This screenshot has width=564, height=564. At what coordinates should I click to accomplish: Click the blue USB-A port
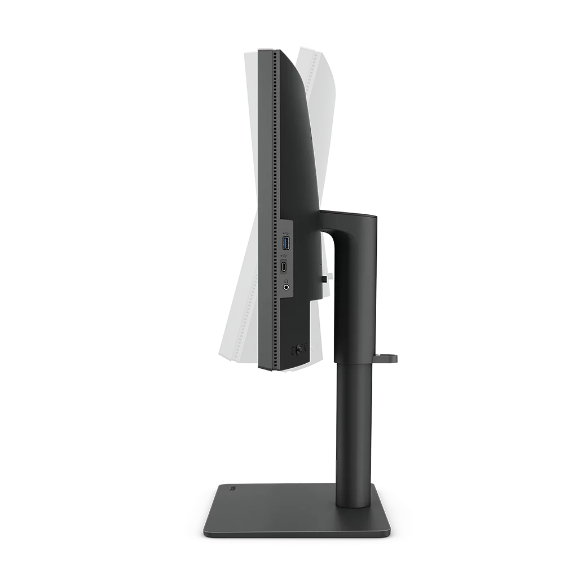click(287, 244)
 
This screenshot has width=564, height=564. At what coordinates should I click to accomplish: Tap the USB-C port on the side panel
click(287, 267)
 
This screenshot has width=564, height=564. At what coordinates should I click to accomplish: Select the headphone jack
click(287, 287)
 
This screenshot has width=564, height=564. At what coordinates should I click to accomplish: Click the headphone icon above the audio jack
click(287, 277)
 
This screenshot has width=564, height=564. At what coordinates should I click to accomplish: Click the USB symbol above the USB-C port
click(287, 257)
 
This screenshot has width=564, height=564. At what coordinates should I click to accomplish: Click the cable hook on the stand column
click(389, 356)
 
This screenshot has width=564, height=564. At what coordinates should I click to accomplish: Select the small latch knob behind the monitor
click(329, 276)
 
